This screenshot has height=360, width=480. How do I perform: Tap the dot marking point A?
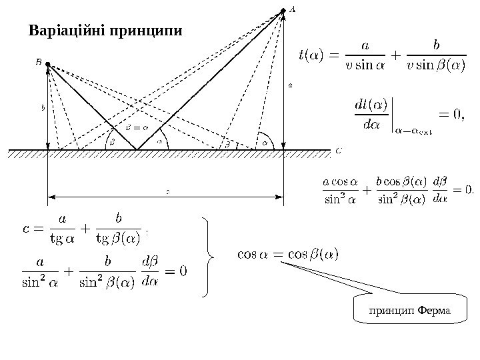coord(283,11)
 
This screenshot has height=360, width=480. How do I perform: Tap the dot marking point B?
coord(47,65)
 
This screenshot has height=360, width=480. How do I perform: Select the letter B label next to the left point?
coord(38,61)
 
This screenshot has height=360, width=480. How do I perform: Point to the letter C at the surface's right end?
coord(339,151)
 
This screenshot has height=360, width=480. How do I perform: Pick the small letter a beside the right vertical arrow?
coord(290,85)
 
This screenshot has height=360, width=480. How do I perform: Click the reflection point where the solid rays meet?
coord(137,149)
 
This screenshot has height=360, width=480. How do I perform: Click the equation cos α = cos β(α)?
coord(288,254)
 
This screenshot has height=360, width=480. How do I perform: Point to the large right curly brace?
coord(213,256)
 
